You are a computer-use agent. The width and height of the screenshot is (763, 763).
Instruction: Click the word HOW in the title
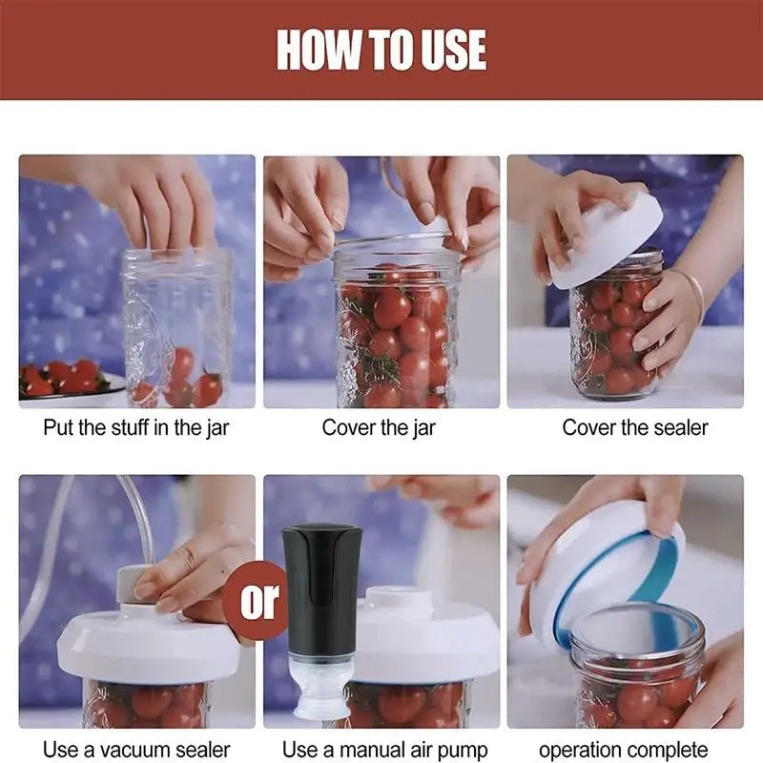tap(319, 50)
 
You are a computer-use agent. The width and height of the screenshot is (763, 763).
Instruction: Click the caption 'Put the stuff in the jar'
tap(135, 427)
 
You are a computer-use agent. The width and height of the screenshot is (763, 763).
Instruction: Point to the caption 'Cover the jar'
tap(379, 427)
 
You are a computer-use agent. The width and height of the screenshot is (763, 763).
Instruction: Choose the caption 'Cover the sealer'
tap(635, 427)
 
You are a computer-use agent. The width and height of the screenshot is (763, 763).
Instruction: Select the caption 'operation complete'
tap(624, 751)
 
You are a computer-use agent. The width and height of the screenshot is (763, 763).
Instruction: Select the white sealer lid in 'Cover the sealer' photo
tap(607, 239)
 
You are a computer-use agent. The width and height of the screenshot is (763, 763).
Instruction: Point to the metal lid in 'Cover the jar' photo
tap(395, 239)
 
